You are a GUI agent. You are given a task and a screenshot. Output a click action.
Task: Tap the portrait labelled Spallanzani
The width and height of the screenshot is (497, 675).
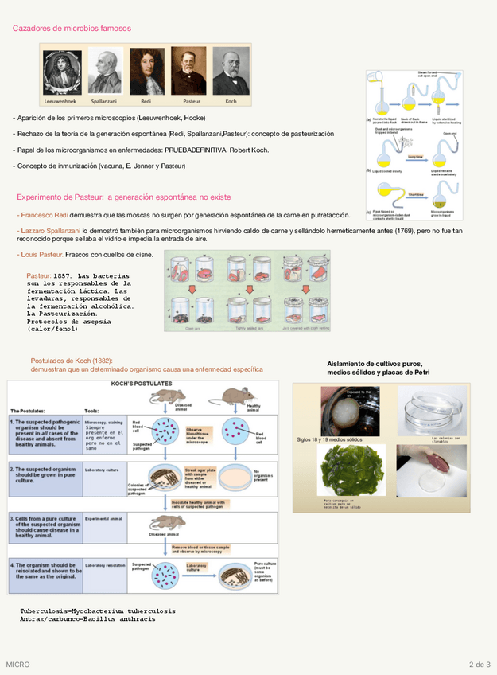pyautogui.click(x=105, y=72)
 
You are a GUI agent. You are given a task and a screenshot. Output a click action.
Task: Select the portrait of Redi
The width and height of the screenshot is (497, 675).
pyautogui.click(x=146, y=72)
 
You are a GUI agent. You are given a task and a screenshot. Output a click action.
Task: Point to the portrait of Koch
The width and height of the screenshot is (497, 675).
pyautogui.click(x=231, y=72)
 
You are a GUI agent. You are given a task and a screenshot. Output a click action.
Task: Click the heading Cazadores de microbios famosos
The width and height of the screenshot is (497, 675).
pyautogui.click(x=72, y=29)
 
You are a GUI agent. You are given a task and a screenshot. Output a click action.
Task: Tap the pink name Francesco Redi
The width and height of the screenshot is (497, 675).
pyautogui.click(x=44, y=216)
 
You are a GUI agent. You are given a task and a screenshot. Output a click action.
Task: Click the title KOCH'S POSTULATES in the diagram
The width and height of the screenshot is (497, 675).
pyautogui.click(x=142, y=384)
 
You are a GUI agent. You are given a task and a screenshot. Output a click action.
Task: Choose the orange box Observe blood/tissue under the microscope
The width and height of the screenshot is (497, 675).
pyautogui.click(x=201, y=433)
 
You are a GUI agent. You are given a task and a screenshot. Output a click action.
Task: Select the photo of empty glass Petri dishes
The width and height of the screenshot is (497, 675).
pyautogui.click(x=433, y=410)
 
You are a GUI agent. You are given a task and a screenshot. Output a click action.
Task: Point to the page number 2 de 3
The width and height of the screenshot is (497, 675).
pyautogui.click(x=480, y=664)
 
